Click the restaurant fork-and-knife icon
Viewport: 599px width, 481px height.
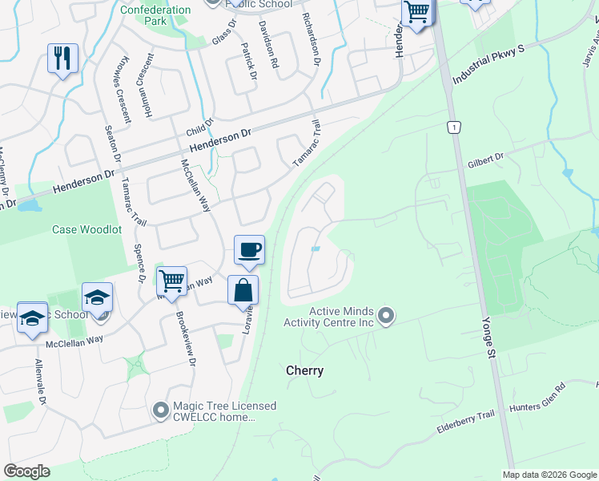click(62, 58)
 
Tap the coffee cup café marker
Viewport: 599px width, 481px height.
click(249, 249)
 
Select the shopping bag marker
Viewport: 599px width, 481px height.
click(243, 290)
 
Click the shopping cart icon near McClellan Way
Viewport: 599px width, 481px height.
click(171, 281)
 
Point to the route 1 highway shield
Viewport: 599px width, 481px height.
click(455, 127)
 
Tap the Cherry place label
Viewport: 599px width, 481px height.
click(305, 371)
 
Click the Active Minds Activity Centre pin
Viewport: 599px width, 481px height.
click(386, 316)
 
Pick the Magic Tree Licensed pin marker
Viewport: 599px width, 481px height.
click(160, 411)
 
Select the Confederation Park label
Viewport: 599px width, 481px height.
click(155, 15)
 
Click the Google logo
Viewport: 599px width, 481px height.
click(26, 471)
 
